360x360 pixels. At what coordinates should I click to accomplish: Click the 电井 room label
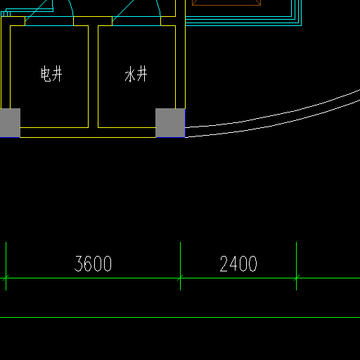(51, 74)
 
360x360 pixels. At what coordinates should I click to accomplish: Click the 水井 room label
(136, 74)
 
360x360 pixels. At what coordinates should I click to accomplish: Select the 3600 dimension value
(93, 264)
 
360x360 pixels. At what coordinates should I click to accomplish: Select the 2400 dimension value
(238, 264)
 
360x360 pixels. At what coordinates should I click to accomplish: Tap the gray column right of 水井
(170, 123)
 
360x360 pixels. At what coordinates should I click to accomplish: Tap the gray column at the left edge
(10, 123)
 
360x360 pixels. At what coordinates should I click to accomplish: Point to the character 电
(46, 74)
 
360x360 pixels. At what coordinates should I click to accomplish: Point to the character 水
(129, 74)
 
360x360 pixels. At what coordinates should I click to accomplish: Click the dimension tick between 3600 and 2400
(180, 278)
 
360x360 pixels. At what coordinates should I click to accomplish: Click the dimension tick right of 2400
(296, 278)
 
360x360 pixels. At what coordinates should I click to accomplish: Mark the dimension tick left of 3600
(6, 278)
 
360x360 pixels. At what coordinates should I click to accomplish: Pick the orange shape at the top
(226, 3)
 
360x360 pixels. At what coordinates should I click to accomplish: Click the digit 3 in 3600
(79, 264)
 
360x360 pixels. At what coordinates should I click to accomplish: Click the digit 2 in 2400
(224, 264)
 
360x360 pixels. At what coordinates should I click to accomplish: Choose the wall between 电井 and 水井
(93, 77)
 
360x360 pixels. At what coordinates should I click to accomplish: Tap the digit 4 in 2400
(234, 264)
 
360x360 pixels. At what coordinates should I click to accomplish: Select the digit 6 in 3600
(89, 264)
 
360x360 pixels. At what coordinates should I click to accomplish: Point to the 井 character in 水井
(142, 74)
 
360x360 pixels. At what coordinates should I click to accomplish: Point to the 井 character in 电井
(57, 74)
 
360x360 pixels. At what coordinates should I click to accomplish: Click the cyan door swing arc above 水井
(159, 8)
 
